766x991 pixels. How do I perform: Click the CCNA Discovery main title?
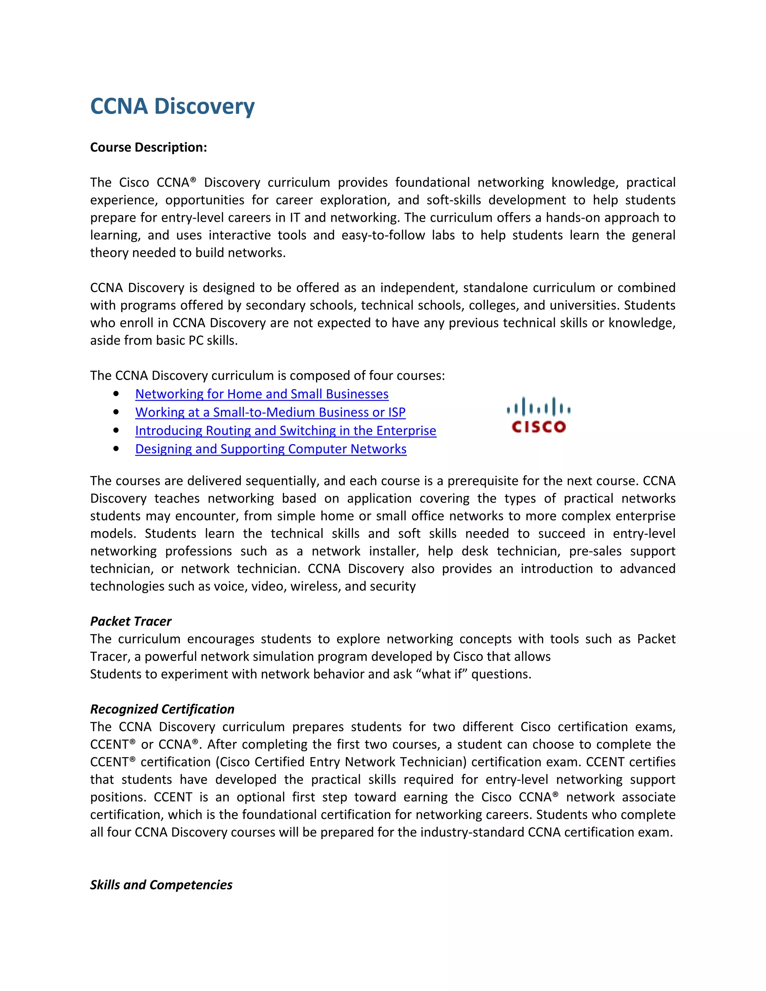(x=172, y=106)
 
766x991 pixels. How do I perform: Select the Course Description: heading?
(x=148, y=147)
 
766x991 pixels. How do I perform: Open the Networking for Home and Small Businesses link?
(x=262, y=394)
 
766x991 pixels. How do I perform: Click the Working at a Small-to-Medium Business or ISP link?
(x=270, y=412)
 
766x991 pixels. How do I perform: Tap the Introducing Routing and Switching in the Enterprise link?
(x=285, y=430)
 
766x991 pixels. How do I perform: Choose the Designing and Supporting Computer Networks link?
(x=270, y=449)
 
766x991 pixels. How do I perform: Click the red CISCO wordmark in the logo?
(x=539, y=427)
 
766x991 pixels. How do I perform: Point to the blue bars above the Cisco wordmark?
(x=539, y=407)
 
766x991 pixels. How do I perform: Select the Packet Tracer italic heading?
(x=131, y=621)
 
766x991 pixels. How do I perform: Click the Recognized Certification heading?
(x=162, y=709)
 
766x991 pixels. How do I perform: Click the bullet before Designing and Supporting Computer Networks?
(x=116, y=449)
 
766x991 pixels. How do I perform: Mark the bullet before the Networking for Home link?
(x=116, y=394)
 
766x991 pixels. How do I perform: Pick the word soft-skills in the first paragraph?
(x=453, y=200)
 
